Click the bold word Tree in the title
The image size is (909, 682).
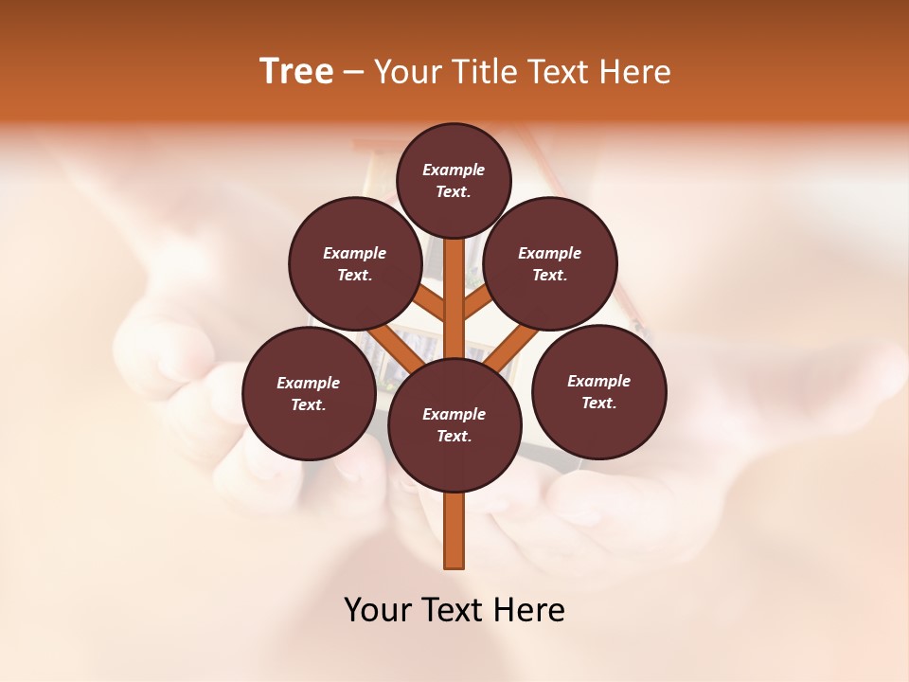[x=296, y=72]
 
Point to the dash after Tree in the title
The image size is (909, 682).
[x=354, y=73]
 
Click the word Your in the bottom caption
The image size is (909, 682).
[x=378, y=610]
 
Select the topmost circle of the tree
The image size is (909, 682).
[x=454, y=180]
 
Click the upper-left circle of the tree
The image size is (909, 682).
[x=354, y=263]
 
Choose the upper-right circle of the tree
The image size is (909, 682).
[x=550, y=263]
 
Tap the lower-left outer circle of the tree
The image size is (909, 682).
[x=308, y=393]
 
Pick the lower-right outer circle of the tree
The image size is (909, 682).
[x=598, y=391]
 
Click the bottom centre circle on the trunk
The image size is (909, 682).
[x=454, y=425]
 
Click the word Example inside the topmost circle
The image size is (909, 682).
[x=454, y=170]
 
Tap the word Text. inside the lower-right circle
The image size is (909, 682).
[x=598, y=403]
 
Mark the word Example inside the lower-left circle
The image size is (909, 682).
[x=308, y=383]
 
